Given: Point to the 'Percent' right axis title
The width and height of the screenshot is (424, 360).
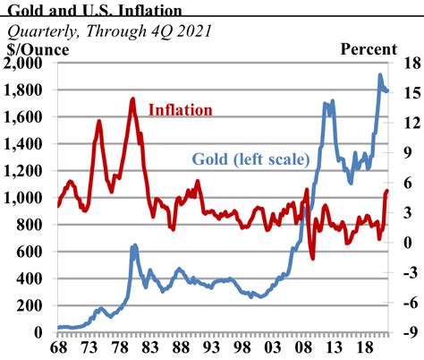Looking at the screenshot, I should click(x=369, y=48).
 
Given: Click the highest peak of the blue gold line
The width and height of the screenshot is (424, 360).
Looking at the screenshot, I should click(x=380, y=75).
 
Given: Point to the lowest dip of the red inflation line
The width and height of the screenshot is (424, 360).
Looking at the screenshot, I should click(x=312, y=259).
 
